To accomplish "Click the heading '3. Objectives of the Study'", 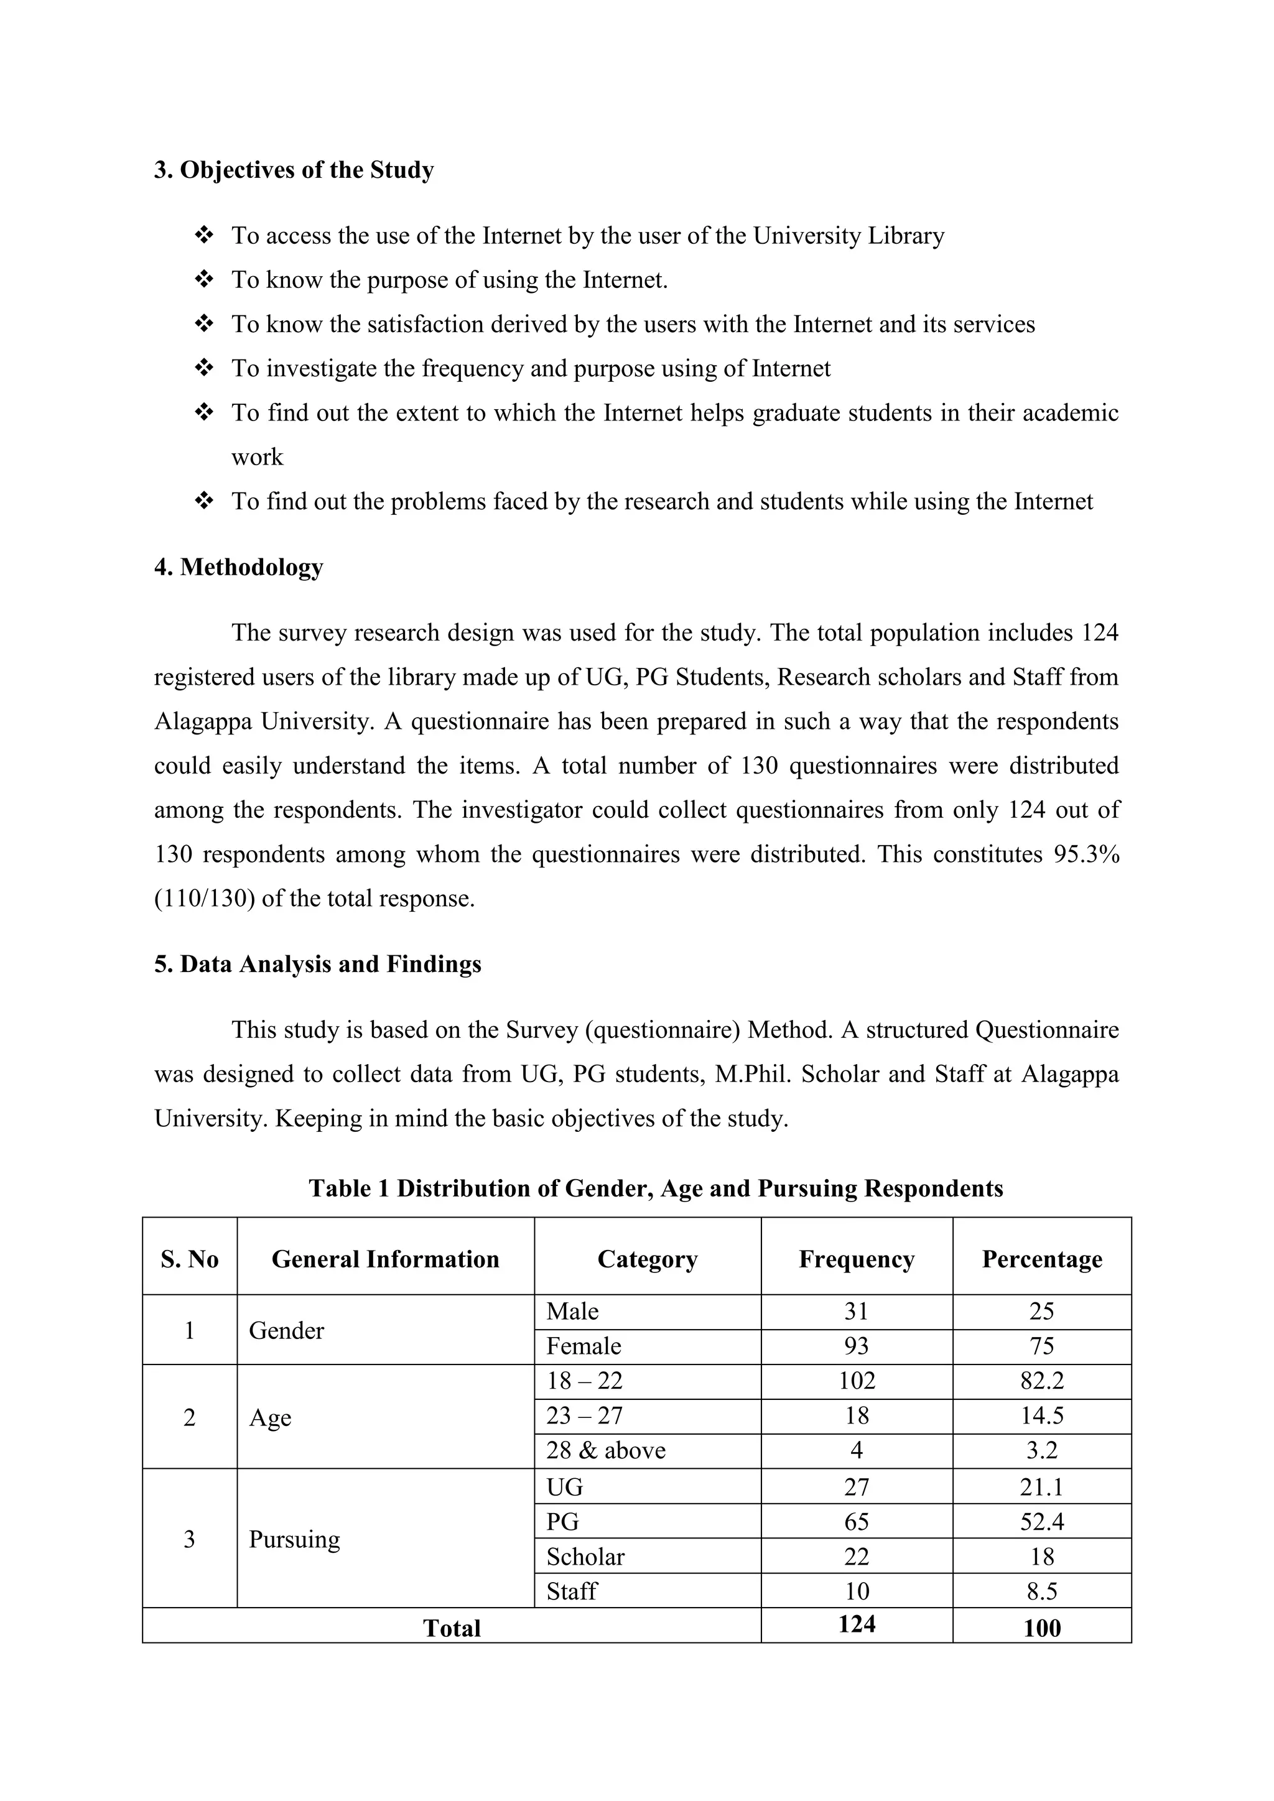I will tap(294, 170).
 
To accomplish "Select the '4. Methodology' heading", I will tap(238, 567).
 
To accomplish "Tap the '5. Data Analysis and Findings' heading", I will tap(318, 964).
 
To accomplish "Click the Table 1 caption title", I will tap(656, 1188).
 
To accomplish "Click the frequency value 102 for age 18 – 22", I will tap(857, 1381).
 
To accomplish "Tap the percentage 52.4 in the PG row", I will tap(1042, 1522).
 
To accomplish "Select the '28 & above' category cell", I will tap(606, 1450).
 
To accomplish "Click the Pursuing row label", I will tap(294, 1539).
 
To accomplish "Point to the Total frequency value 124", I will tap(857, 1624).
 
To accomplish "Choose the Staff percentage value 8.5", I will tap(1042, 1591).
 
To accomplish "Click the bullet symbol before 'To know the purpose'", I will tap(204, 279).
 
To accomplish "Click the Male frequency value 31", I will tap(857, 1312).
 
